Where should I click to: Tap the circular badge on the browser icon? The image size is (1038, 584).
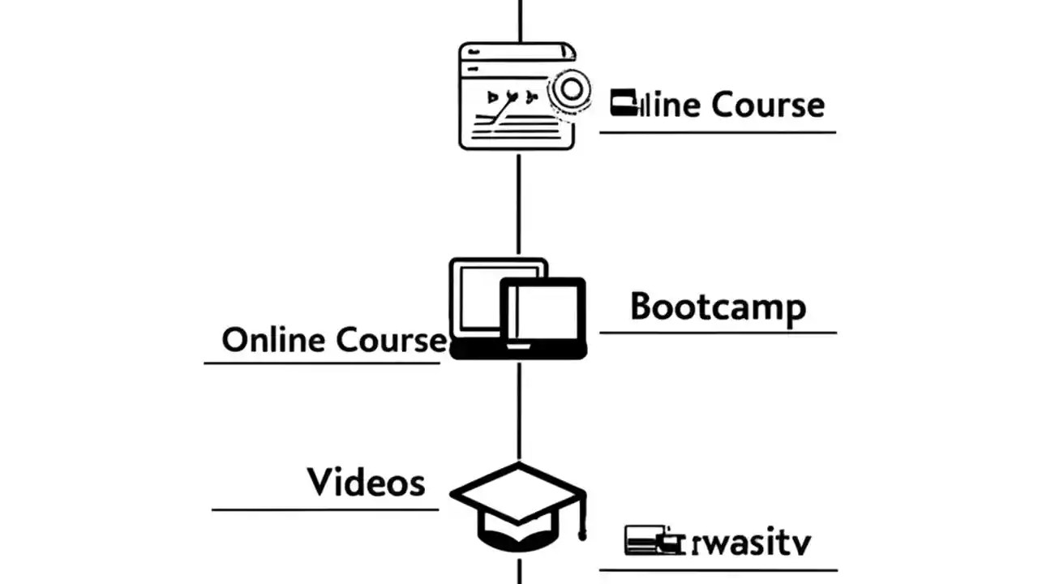571,89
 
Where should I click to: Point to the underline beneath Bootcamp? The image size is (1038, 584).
718,333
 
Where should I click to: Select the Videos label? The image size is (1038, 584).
366,483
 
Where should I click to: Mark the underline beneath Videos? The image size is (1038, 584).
324,509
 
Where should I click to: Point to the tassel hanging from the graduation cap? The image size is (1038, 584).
581,519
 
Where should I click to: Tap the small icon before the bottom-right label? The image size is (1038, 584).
649,540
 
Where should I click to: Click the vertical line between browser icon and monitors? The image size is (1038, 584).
519,203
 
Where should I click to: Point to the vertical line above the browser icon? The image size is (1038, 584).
519,20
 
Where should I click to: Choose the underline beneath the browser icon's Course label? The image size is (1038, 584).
718,131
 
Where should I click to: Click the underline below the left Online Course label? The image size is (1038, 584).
321,363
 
